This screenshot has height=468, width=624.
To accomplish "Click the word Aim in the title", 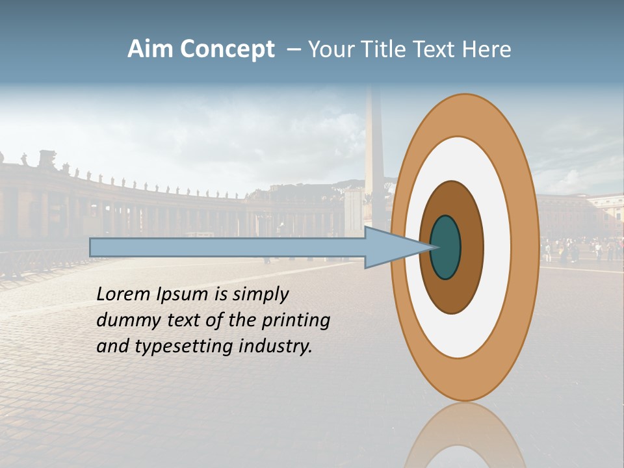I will click(x=151, y=49).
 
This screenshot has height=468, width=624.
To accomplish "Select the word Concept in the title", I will click(x=227, y=50).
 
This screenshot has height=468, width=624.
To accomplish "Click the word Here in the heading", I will click(x=487, y=49).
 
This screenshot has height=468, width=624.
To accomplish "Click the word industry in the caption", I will click(x=276, y=346).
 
